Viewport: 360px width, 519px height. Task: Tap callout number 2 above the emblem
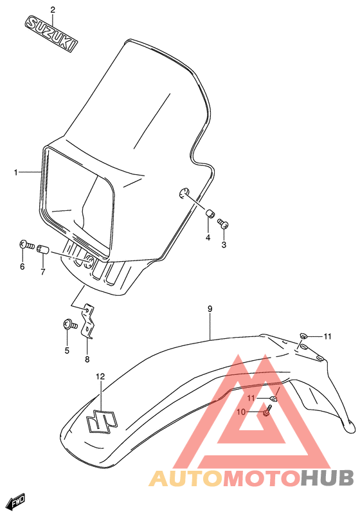tap(53, 10)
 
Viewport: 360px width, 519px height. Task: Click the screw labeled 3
tap(224, 224)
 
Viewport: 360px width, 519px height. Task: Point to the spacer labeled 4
tap(210, 214)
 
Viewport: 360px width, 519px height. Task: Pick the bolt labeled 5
tap(67, 325)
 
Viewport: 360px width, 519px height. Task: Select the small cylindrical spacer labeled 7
tap(44, 248)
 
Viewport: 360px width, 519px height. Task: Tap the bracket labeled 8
tap(89, 321)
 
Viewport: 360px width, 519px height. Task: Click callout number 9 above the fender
tap(210, 309)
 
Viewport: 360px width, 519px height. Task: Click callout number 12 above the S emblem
tap(100, 377)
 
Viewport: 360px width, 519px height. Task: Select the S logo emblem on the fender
tap(100, 421)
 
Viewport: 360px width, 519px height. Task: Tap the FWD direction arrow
tap(15, 502)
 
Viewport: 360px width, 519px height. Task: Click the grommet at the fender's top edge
tap(303, 336)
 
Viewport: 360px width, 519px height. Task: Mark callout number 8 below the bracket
tap(87, 359)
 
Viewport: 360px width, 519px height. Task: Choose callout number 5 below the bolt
tap(66, 351)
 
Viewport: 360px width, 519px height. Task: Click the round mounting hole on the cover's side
tap(183, 192)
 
